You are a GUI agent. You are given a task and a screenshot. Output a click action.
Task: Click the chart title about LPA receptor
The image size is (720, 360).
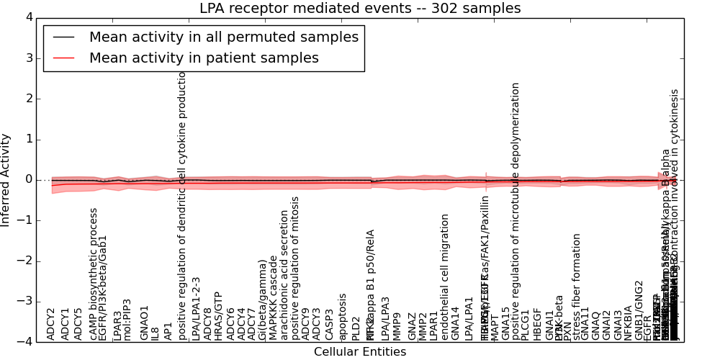coord(360,8)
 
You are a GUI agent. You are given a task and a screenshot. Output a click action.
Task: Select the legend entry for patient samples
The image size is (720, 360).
coord(204,58)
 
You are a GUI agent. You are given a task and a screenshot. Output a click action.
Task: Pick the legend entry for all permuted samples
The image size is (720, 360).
coord(223,37)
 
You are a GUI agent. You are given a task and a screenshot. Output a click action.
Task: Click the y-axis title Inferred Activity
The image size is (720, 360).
coord(6,179)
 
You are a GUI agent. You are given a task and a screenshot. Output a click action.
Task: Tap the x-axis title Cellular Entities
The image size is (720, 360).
coord(360,352)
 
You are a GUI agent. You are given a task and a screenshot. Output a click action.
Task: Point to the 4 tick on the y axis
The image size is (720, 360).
coord(29,17)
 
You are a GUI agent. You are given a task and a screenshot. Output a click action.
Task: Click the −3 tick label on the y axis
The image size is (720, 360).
coord(26,302)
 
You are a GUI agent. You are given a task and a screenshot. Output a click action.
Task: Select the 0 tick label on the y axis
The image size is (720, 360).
coord(29,180)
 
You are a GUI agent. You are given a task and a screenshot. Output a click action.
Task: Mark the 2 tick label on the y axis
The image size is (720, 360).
coord(29,99)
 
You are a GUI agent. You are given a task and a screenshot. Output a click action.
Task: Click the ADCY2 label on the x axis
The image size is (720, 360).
coord(51,323)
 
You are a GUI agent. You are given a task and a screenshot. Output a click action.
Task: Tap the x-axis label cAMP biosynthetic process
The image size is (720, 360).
coord(94,274)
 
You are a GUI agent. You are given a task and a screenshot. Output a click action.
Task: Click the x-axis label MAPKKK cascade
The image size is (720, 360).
coord(274,297)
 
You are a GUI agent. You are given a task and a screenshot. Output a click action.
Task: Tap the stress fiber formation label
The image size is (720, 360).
coord(577,286)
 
